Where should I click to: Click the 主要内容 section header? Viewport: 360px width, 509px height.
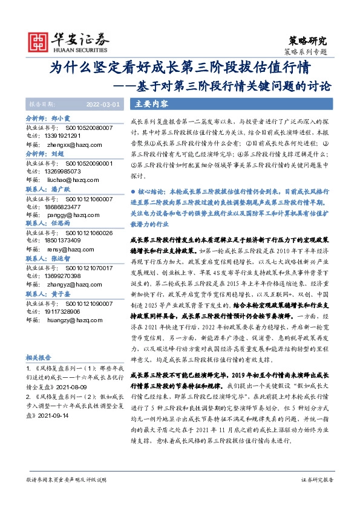152,103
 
